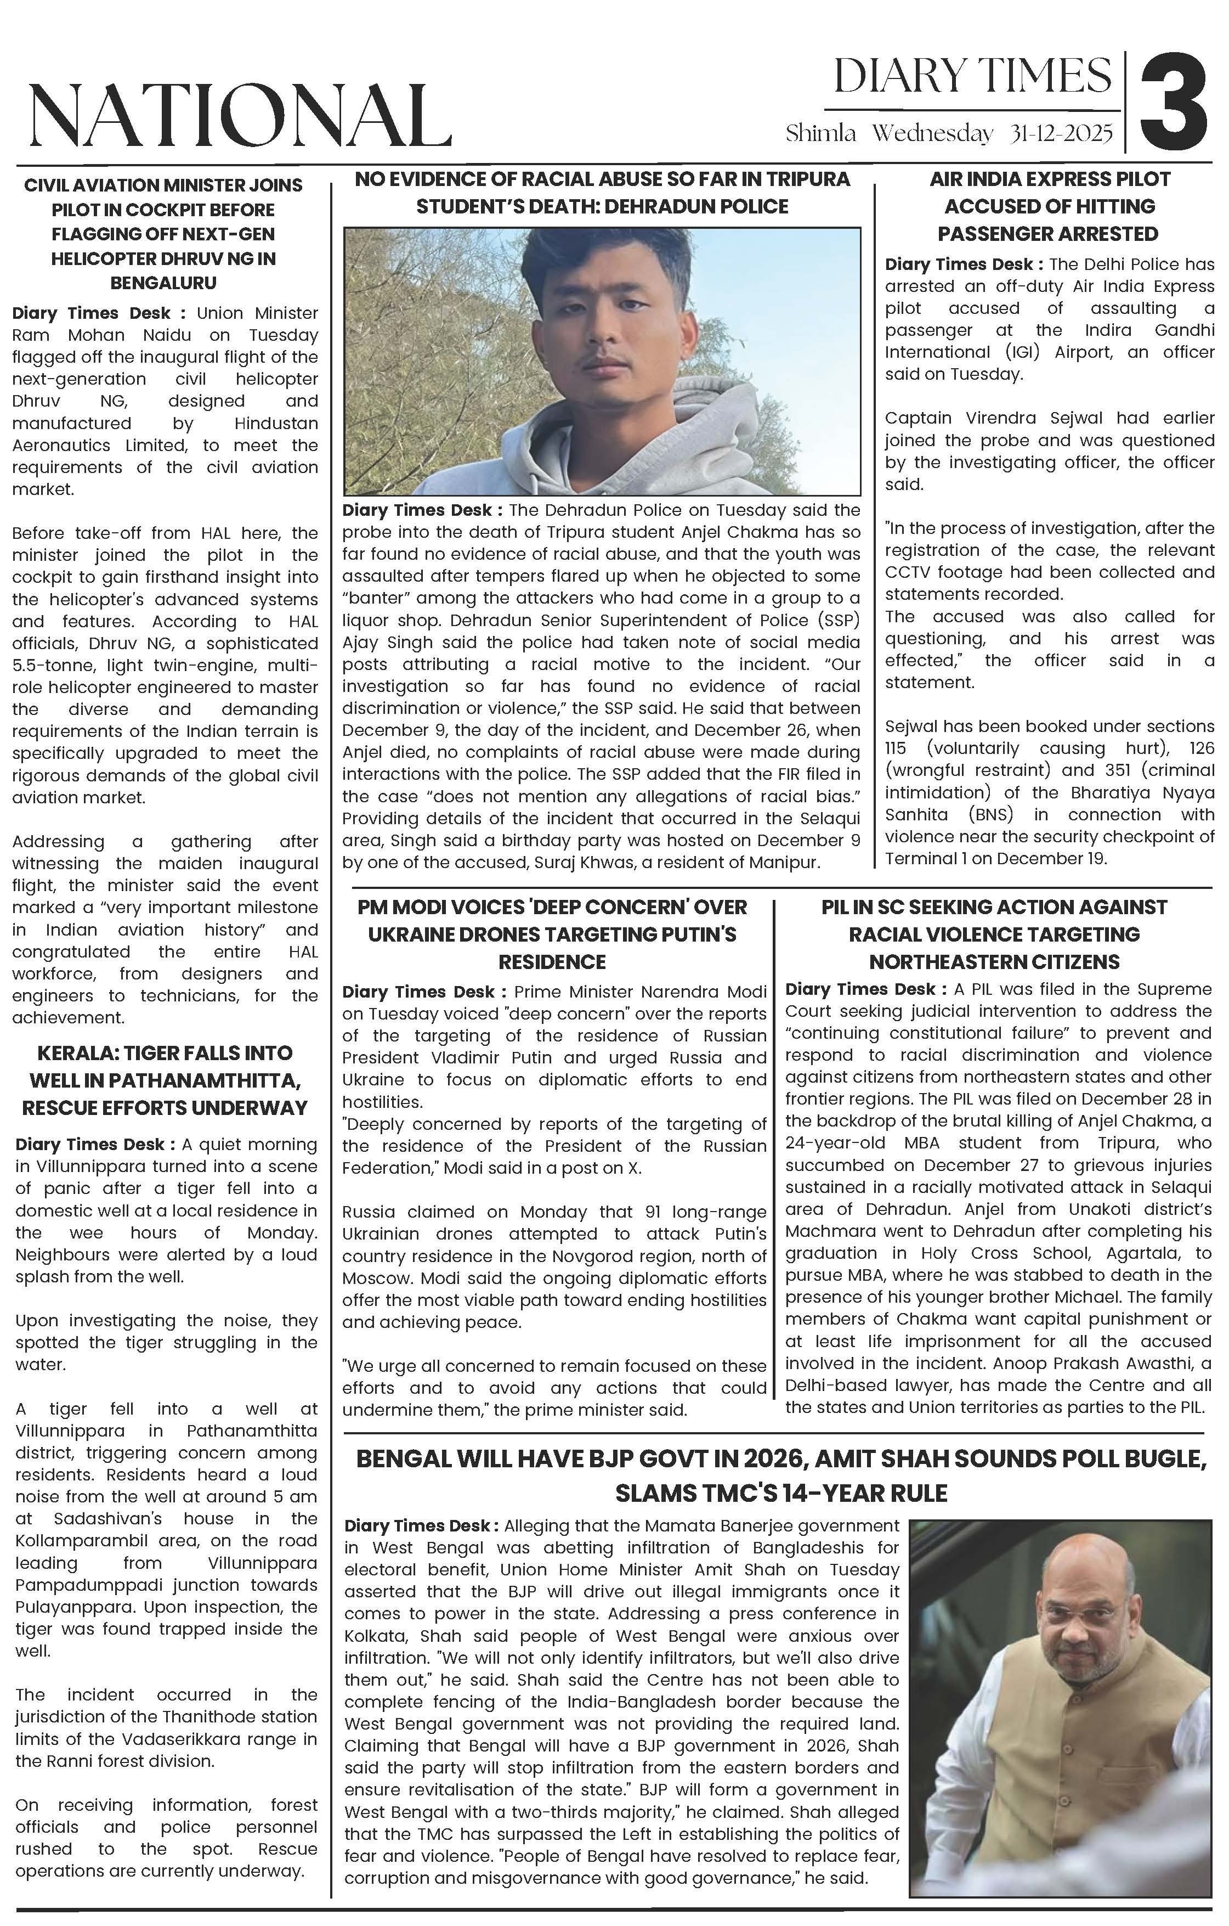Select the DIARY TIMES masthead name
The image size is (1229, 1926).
pos(972,77)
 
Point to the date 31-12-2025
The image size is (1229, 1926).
pos(1061,133)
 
